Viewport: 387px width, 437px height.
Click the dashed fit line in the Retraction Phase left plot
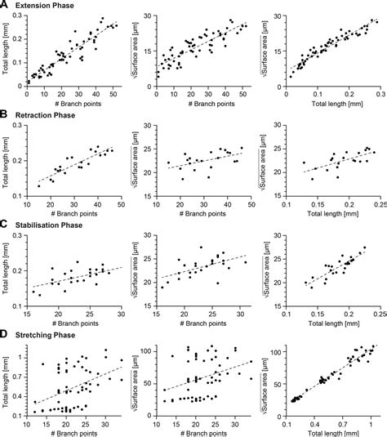click(73, 164)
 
